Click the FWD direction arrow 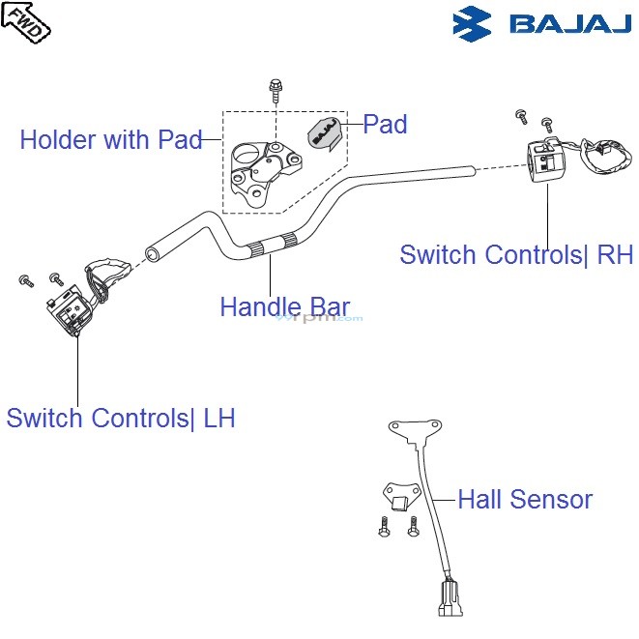tap(26, 21)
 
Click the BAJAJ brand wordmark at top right tap(569, 22)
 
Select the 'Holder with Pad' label tap(110, 140)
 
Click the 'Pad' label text tap(385, 124)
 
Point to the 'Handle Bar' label tap(284, 307)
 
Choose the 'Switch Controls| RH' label tap(515, 255)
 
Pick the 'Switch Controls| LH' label tap(121, 419)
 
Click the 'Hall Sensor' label tap(525, 500)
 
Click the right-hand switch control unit tap(544, 159)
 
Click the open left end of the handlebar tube tap(151, 255)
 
